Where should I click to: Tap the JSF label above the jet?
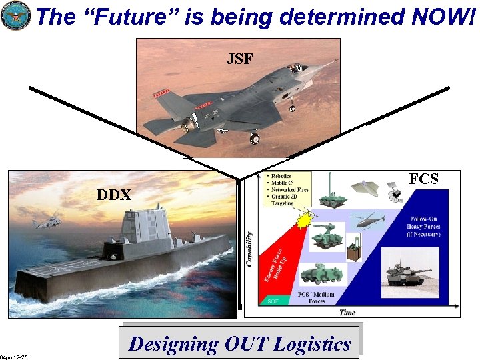(239, 59)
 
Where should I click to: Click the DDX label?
(114, 195)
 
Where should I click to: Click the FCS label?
(423, 179)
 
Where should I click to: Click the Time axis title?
(347, 312)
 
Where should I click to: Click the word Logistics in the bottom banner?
(307, 344)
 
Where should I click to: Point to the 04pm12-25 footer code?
(14, 357)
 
